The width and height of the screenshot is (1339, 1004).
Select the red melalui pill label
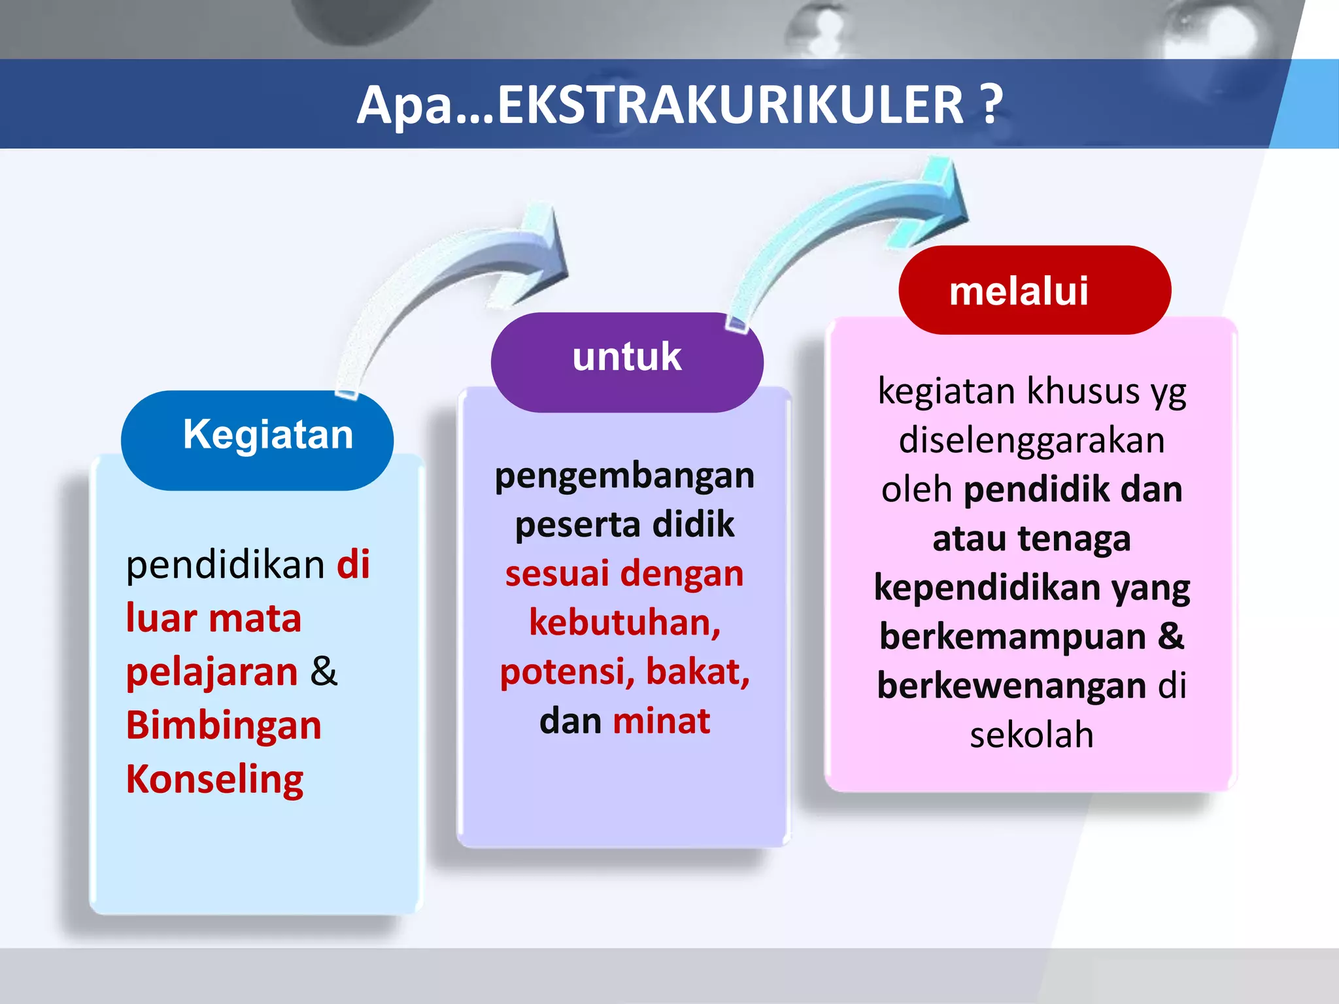click(1034, 290)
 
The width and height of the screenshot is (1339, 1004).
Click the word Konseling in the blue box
click(214, 779)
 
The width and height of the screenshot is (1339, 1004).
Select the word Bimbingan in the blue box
click(224, 726)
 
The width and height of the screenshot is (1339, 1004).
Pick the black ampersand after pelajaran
click(324, 672)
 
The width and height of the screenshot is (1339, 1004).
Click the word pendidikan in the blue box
click(225, 565)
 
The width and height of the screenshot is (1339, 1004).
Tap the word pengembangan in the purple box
click(624, 476)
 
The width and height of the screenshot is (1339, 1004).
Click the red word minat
click(661, 721)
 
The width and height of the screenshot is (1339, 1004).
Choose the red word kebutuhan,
click(624, 623)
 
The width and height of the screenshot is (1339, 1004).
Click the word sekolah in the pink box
click(1031, 735)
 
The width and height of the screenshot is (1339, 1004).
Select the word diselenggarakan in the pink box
click(1031, 440)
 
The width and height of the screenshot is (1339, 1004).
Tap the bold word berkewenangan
click(1011, 686)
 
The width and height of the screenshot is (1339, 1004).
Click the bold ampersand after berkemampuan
click(1170, 637)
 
